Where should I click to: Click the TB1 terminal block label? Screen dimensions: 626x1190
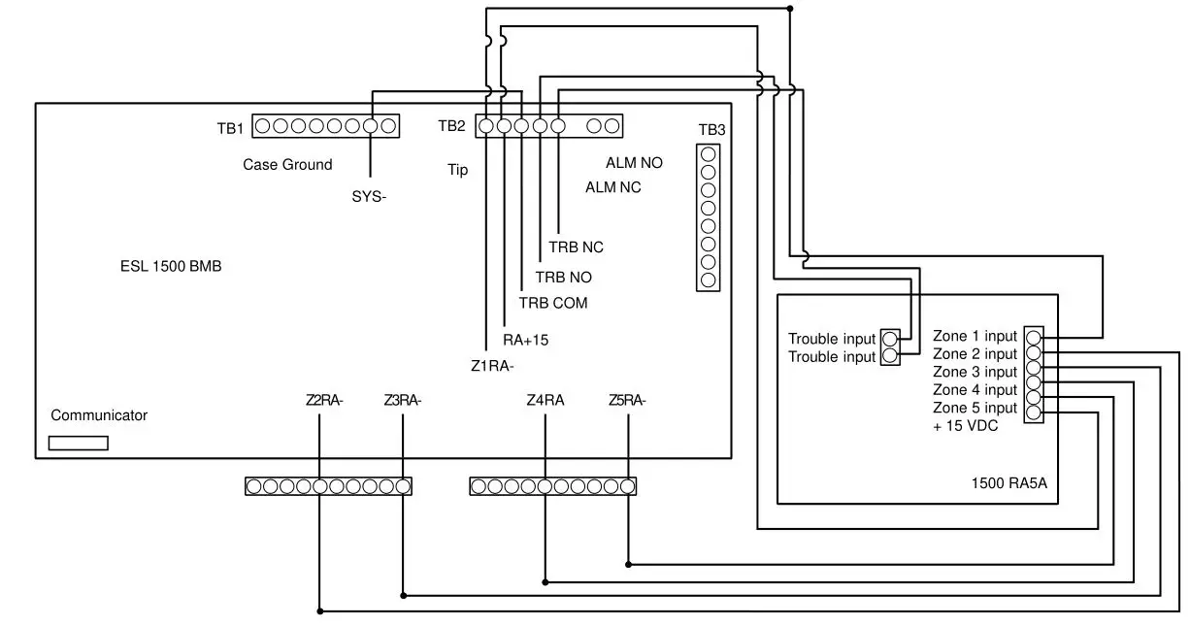(x=230, y=127)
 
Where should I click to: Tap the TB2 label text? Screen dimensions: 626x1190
(x=451, y=126)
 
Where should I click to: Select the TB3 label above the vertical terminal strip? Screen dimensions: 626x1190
(x=711, y=130)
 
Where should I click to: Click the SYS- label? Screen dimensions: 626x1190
(x=370, y=196)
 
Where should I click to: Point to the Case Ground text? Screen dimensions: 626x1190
(x=287, y=165)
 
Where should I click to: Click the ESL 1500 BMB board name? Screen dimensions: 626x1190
(x=164, y=267)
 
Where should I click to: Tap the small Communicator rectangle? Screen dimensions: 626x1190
(x=78, y=444)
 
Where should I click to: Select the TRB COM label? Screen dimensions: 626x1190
(x=552, y=303)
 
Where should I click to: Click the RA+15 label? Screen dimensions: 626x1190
(x=526, y=340)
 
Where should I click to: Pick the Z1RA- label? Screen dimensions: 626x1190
(x=492, y=366)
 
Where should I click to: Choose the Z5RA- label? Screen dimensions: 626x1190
(x=627, y=400)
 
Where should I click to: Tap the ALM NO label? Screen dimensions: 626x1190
(x=634, y=163)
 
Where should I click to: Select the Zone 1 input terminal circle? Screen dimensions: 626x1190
(x=1034, y=338)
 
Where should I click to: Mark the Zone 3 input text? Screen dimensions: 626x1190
(x=975, y=372)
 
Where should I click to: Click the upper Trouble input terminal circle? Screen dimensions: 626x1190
(x=891, y=339)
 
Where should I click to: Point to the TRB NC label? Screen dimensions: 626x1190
(x=576, y=247)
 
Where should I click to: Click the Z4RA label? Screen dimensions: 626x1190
(x=545, y=400)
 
